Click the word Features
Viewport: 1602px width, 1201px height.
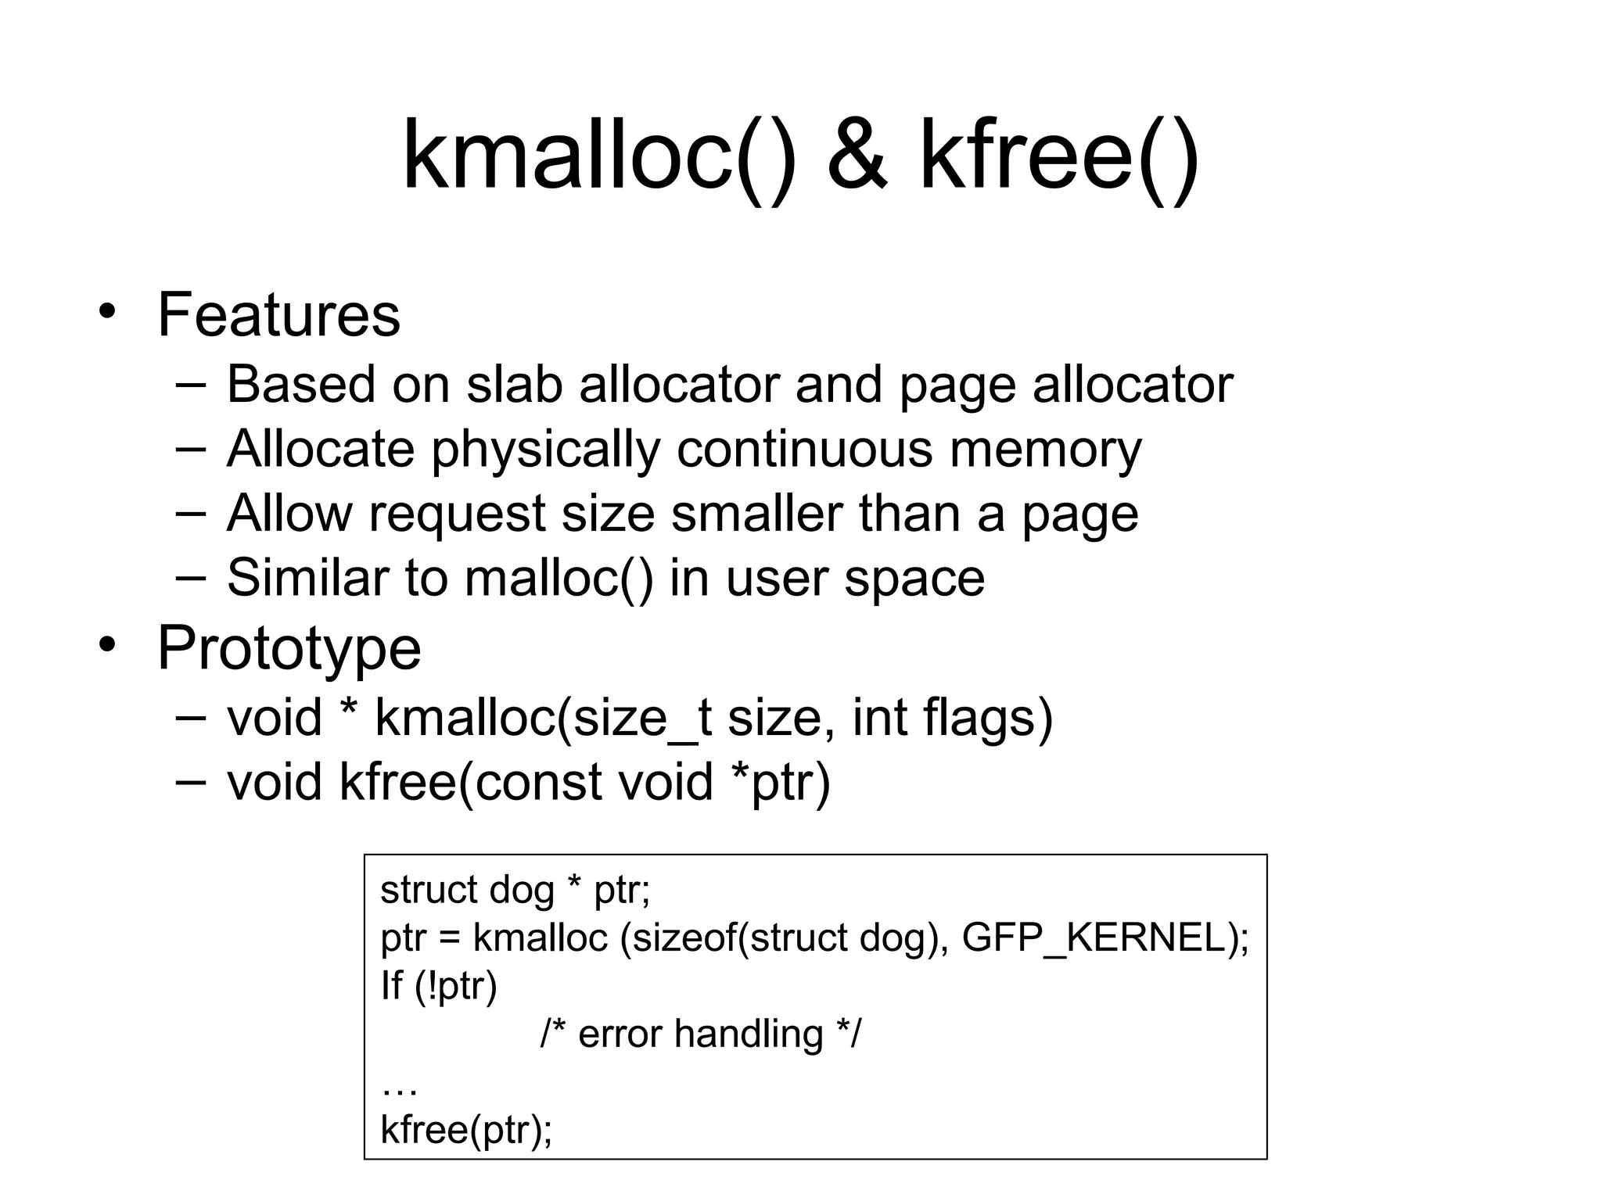pos(278,315)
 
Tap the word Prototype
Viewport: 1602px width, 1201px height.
pos(289,648)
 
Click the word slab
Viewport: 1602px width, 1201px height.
pos(514,385)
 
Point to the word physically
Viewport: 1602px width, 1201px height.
pos(545,450)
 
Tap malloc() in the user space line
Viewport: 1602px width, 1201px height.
pos(559,579)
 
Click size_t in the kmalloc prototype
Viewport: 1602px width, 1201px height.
pos(641,718)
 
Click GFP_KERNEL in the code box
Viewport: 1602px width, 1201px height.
pos(1094,937)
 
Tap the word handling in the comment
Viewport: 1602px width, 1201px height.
pos(749,1034)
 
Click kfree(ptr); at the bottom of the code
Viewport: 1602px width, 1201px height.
pos(466,1130)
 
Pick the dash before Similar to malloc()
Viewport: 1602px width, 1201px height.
pos(191,578)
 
